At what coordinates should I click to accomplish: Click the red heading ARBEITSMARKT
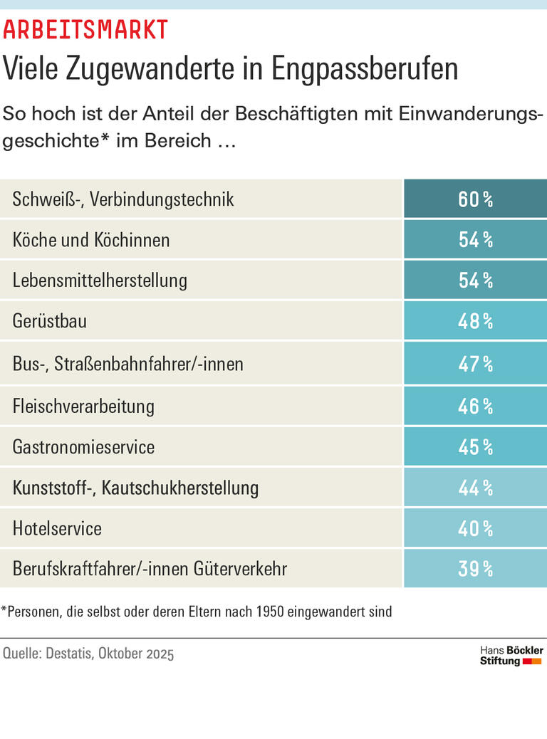85,30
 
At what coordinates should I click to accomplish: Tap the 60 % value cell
475,199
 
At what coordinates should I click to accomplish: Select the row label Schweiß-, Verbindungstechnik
123,199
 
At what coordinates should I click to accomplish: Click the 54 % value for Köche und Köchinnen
475,239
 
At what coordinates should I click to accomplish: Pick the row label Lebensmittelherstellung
100,281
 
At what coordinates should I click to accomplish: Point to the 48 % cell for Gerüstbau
475,321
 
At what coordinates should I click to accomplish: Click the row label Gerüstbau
50,321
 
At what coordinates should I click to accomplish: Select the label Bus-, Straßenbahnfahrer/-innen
128,364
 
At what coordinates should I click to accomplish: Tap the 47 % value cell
475,364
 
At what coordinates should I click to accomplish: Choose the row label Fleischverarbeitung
83,406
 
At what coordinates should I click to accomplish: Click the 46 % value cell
475,406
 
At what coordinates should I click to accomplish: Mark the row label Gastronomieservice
83,447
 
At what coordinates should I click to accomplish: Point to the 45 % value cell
475,447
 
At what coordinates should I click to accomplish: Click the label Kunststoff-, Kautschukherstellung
135,488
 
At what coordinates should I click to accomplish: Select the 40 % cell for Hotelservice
475,528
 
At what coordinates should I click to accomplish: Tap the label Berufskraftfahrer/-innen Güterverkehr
150,569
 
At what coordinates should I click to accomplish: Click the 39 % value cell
475,569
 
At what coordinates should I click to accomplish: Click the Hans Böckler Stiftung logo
511,656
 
